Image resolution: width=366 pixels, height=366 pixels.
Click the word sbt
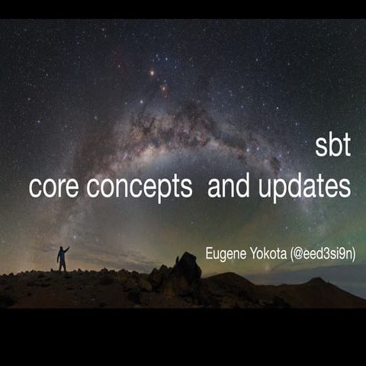tap(332, 147)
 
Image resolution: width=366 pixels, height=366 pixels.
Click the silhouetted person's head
tap(61, 248)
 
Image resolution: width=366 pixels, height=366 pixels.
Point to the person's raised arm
tap(66, 249)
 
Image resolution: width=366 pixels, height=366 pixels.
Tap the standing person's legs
tap(62, 265)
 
